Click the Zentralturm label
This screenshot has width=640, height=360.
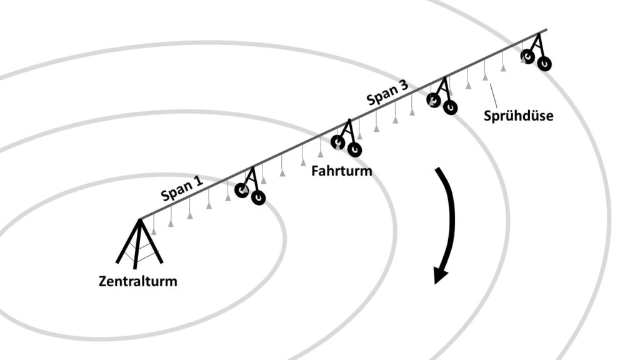pyautogui.click(x=138, y=281)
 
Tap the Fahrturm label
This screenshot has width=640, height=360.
pyautogui.click(x=341, y=171)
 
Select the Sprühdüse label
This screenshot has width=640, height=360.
pyautogui.click(x=518, y=116)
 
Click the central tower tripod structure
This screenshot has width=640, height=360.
pyautogui.click(x=139, y=244)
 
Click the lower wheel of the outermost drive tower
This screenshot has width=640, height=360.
pyautogui.click(x=544, y=63)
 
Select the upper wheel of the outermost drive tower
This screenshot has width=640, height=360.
pyautogui.click(x=528, y=57)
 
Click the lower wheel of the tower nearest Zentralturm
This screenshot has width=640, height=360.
pyautogui.click(x=258, y=197)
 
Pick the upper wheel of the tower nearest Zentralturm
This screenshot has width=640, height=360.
pyautogui.click(x=242, y=189)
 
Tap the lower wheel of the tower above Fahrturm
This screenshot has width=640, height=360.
pyautogui.click(x=354, y=149)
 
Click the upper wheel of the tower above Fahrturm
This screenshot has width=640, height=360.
pyautogui.click(x=338, y=142)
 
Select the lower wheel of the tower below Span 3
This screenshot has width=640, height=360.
pyautogui.click(x=450, y=107)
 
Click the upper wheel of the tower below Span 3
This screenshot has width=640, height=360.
pyautogui.click(x=434, y=99)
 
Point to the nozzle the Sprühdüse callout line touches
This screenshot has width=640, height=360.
pyautogui.click(x=485, y=76)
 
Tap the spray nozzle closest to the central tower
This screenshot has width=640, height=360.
pyautogui.click(x=154, y=231)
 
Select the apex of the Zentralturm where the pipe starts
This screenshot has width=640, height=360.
pyautogui.click(x=140, y=219)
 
